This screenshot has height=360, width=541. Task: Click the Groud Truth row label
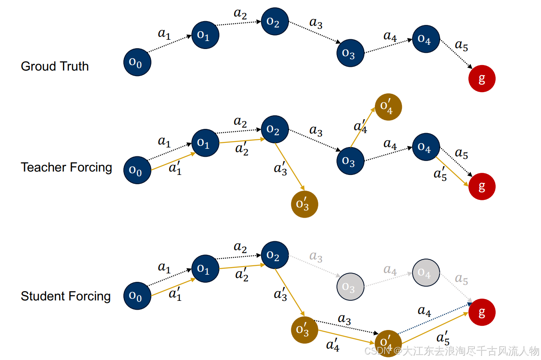coord(55,66)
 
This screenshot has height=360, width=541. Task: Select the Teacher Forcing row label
coord(66,167)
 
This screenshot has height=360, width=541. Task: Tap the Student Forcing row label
coord(66,296)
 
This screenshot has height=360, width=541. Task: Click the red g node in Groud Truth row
coord(482,79)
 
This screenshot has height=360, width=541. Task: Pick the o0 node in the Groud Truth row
coord(137,63)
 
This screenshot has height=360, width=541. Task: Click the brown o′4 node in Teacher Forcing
coord(388,107)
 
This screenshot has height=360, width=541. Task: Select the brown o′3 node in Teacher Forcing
coord(304,204)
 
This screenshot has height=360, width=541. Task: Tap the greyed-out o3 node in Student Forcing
coord(350,286)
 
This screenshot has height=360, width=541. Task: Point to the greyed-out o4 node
coord(426,273)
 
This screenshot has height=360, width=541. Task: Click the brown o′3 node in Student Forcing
coord(304,330)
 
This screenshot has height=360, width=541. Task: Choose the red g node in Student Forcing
coord(482,312)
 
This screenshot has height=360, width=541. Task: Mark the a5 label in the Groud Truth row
coord(461,45)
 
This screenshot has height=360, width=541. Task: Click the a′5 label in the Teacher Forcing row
coord(440,173)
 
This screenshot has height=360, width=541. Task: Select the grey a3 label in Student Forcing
coord(316,256)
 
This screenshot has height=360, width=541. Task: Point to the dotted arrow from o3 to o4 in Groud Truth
coord(388,46)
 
